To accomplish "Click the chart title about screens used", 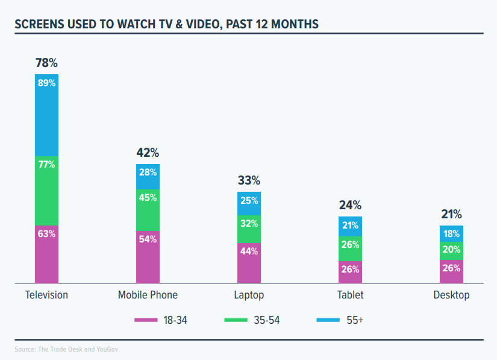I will pyautogui.click(x=166, y=24).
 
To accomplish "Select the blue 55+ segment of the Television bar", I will pyautogui.click(x=46, y=115).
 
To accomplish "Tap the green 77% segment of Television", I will pyautogui.click(x=46, y=190).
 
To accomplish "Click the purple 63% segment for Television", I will pyautogui.click(x=46, y=253).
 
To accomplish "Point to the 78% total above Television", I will pyautogui.click(x=46, y=63).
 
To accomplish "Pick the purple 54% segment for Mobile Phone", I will pyautogui.click(x=148, y=256).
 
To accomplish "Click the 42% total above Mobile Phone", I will pyautogui.click(x=148, y=153).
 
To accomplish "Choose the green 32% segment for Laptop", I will pyautogui.click(x=249, y=229).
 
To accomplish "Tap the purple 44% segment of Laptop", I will pyautogui.click(x=249, y=262).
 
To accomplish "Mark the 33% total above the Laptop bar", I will pyautogui.click(x=249, y=180).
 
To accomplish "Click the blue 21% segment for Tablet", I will pyautogui.click(x=350, y=226).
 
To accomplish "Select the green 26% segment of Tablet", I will pyautogui.click(x=350, y=248).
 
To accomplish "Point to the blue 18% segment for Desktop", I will pyautogui.click(x=451, y=234).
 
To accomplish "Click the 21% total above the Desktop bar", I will pyautogui.click(x=451, y=214).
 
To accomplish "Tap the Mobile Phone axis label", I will pyautogui.click(x=148, y=295).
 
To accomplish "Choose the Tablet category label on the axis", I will pyautogui.click(x=350, y=295).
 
